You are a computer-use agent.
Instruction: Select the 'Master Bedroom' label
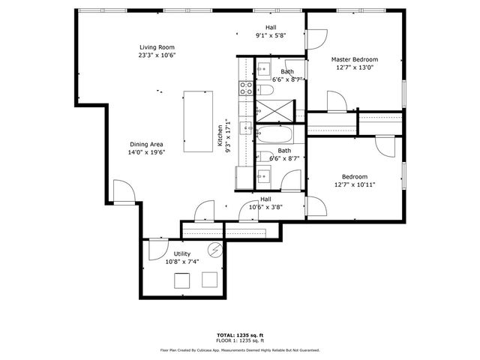point(355,59)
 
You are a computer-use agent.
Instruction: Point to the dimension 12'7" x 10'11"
point(355,184)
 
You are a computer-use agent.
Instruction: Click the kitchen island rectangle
point(198,121)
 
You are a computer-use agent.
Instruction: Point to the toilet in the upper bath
point(266,91)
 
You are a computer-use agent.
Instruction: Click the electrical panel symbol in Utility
point(216,251)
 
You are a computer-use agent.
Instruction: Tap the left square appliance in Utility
point(182,280)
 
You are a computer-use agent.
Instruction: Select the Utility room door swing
point(157,248)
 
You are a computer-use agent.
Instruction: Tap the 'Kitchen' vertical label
point(221,137)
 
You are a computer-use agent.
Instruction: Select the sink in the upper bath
point(263,70)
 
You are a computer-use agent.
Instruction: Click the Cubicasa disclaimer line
point(239,349)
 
